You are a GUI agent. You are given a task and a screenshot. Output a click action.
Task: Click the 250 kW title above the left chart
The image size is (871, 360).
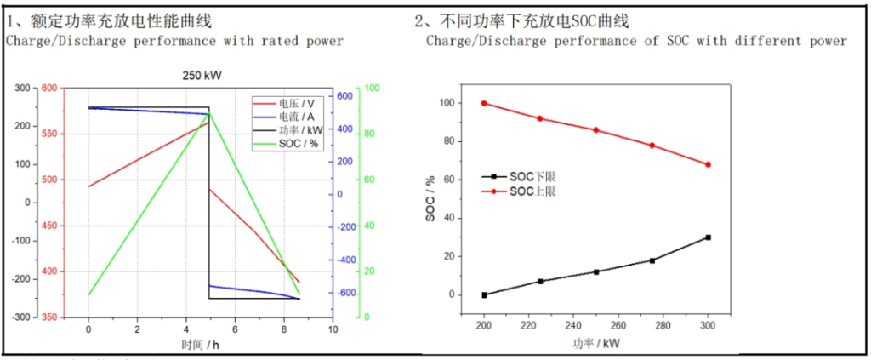pyautogui.click(x=202, y=76)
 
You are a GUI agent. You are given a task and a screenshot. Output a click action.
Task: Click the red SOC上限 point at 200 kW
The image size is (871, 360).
pyautogui.click(x=484, y=103)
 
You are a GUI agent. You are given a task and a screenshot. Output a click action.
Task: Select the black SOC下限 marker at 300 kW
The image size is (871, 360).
pyautogui.click(x=708, y=237)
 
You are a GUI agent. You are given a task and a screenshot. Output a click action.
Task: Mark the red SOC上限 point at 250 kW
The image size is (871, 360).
pyautogui.click(x=596, y=130)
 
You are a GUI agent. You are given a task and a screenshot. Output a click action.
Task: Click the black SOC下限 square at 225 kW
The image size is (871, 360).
pyautogui.click(x=540, y=281)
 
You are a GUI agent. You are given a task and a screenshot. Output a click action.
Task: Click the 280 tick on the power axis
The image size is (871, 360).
pyautogui.click(x=663, y=326)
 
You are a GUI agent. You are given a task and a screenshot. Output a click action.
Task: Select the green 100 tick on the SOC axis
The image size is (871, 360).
pyautogui.click(x=373, y=88)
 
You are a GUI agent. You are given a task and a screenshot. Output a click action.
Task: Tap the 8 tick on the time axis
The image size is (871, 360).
pyautogui.click(x=284, y=329)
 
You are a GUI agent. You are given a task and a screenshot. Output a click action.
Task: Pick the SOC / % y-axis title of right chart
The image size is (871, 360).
pyautogui.click(x=430, y=199)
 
